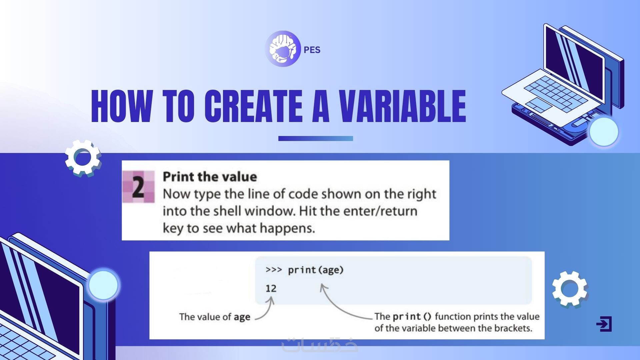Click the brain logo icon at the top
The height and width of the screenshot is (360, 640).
coord(283,49)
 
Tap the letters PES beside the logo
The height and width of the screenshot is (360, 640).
coord(312,50)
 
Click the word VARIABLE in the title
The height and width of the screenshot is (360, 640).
coord(402,106)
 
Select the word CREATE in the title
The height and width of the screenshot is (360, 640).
coord(253,106)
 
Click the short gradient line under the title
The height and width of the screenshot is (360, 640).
coord(315,138)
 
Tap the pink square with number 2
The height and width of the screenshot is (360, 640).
coord(138,187)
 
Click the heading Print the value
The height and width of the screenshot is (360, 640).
coord(210,177)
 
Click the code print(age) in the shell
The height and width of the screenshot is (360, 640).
coord(316,270)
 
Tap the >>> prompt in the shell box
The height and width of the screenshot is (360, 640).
coord(274,270)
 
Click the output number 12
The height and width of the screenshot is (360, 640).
coord(271,288)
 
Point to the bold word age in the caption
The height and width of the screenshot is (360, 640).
coord(242,317)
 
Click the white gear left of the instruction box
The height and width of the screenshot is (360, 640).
coord(83,157)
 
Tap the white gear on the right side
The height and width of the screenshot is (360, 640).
coord(570,289)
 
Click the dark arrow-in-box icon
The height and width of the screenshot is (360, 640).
coord(604,324)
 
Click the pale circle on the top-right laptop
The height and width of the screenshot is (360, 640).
coord(604,132)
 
